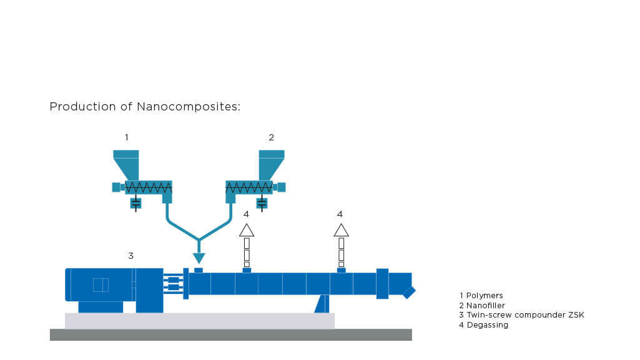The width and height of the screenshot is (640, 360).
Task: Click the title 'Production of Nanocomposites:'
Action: (145, 107)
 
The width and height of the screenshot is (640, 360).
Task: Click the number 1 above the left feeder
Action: (127, 137)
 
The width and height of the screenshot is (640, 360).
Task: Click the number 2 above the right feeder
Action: (271, 137)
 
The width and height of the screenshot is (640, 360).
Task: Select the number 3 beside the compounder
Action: (130, 255)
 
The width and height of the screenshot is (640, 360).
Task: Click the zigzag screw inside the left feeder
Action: (149, 187)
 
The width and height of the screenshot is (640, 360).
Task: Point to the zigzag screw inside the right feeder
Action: (249, 187)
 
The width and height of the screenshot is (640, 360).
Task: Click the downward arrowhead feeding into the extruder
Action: (199, 258)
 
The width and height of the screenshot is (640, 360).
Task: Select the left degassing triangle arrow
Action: (247, 230)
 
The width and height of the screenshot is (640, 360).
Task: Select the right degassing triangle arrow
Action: (341, 230)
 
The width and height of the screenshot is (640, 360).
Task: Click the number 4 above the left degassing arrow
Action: (246, 214)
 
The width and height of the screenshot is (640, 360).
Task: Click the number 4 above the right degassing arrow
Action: (340, 214)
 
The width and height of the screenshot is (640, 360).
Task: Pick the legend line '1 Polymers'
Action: (481, 295)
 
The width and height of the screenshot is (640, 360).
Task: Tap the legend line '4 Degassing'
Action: (484, 325)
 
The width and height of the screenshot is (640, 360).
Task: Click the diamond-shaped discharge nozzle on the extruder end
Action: (409, 292)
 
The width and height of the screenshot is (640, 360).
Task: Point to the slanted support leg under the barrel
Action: (322, 304)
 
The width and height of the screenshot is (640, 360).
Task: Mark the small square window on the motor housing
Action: (101, 285)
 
